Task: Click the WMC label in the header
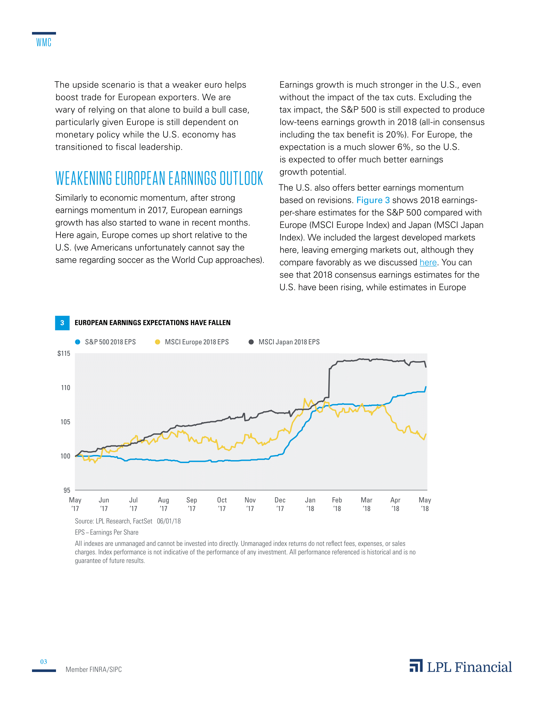[x=44, y=43]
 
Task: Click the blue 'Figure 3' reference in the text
[x=373, y=200]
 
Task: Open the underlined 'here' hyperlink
[x=428, y=262]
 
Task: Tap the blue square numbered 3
[x=62, y=323]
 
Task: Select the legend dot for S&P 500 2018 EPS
[x=78, y=342]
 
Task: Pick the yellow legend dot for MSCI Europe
[x=157, y=342]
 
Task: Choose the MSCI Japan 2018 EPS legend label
[x=289, y=342]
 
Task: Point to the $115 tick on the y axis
[x=64, y=354]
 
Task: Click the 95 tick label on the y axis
[x=67, y=490]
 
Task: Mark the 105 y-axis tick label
[x=65, y=422]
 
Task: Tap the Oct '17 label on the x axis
[x=222, y=504]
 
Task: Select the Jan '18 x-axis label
[x=310, y=504]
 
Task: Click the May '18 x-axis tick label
[x=425, y=504]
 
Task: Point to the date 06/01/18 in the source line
[x=169, y=521]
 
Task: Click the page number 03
[x=44, y=662]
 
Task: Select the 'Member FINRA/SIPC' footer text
[x=94, y=669]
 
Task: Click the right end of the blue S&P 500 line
[x=426, y=387]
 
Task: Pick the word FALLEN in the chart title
[x=219, y=323]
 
